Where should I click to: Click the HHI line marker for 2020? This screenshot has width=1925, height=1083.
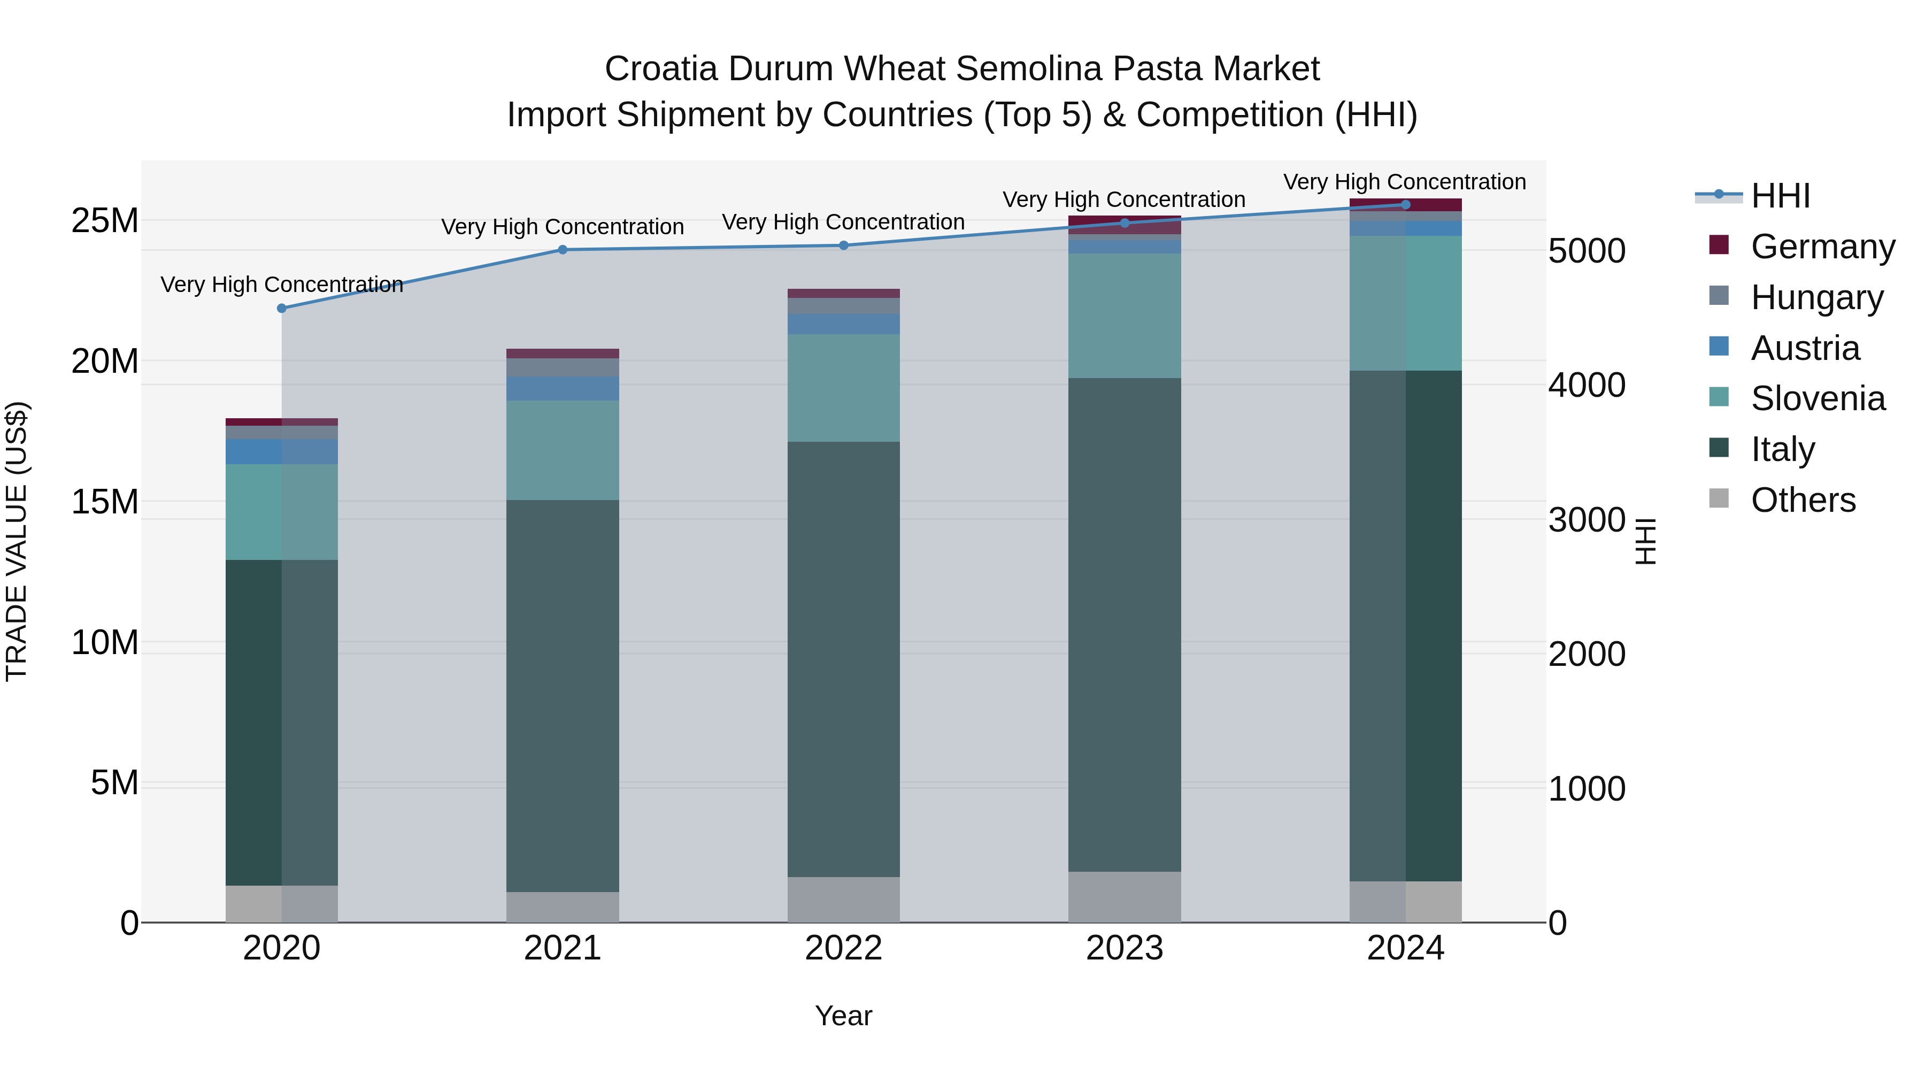282,308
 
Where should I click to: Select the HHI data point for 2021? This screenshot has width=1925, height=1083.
563,250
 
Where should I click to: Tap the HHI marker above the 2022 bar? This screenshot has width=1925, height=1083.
844,245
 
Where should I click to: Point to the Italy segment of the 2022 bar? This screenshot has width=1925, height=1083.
844,658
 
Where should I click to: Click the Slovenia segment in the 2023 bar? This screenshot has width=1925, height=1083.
1125,316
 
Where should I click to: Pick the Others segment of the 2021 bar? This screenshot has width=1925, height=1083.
563,907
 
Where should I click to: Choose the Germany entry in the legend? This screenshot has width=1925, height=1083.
1822,247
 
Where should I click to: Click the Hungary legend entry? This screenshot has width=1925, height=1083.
1816,297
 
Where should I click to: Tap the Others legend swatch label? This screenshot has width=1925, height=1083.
1803,500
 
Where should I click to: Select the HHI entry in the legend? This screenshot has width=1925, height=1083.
1780,196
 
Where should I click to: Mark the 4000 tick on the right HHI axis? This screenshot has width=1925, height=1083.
1587,385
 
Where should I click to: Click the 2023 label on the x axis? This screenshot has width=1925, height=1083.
1125,948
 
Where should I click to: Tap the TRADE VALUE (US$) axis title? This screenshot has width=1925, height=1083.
17,541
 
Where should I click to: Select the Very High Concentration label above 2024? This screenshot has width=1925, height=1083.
1404,182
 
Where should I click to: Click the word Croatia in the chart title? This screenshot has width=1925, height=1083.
661,69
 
